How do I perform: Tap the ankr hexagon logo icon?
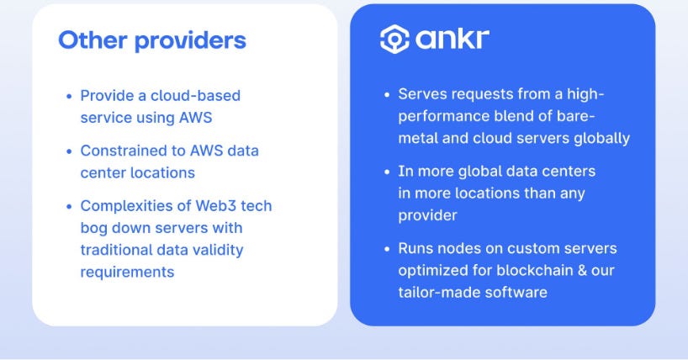pyautogui.click(x=394, y=39)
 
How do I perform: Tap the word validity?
pyautogui.click(x=218, y=250)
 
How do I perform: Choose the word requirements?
pyautogui.click(x=127, y=272)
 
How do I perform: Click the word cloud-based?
pyautogui.click(x=194, y=96)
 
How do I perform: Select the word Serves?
pyautogui.click(x=421, y=93)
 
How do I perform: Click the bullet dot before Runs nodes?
pyautogui.click(x=387, y=249)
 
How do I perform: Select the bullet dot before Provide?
pyautogui.click(x=69, y=97)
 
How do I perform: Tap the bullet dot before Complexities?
pyautogui.click(x=69, y=206)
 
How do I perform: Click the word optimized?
pyautogui.click(x=431, y=270)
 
